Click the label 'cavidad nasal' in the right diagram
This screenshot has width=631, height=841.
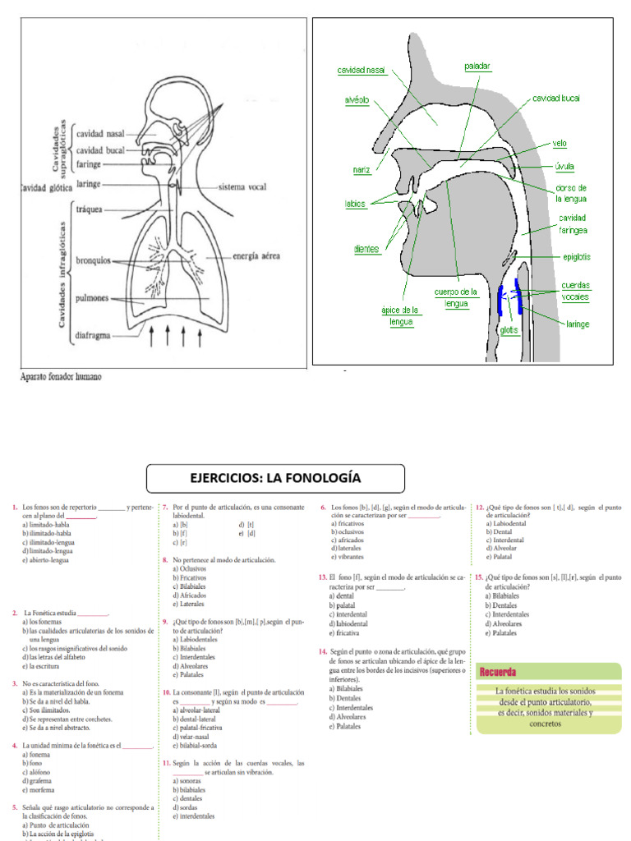pos(362,71)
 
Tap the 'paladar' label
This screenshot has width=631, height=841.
pos(477,66)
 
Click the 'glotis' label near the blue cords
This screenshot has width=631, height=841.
pos(510,331)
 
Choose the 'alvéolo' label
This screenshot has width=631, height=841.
pos(357,100)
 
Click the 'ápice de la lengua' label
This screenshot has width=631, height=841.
pos(401,316)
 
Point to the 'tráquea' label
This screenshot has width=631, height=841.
pos(90,209)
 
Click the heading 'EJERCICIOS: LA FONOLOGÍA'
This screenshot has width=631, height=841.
pos(275,479)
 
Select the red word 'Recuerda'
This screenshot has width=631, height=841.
pos(498,673)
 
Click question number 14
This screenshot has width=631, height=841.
pos(323,650)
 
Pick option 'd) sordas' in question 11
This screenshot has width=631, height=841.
pos(186,807)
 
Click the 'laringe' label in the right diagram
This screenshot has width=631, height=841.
pos(577,324)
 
